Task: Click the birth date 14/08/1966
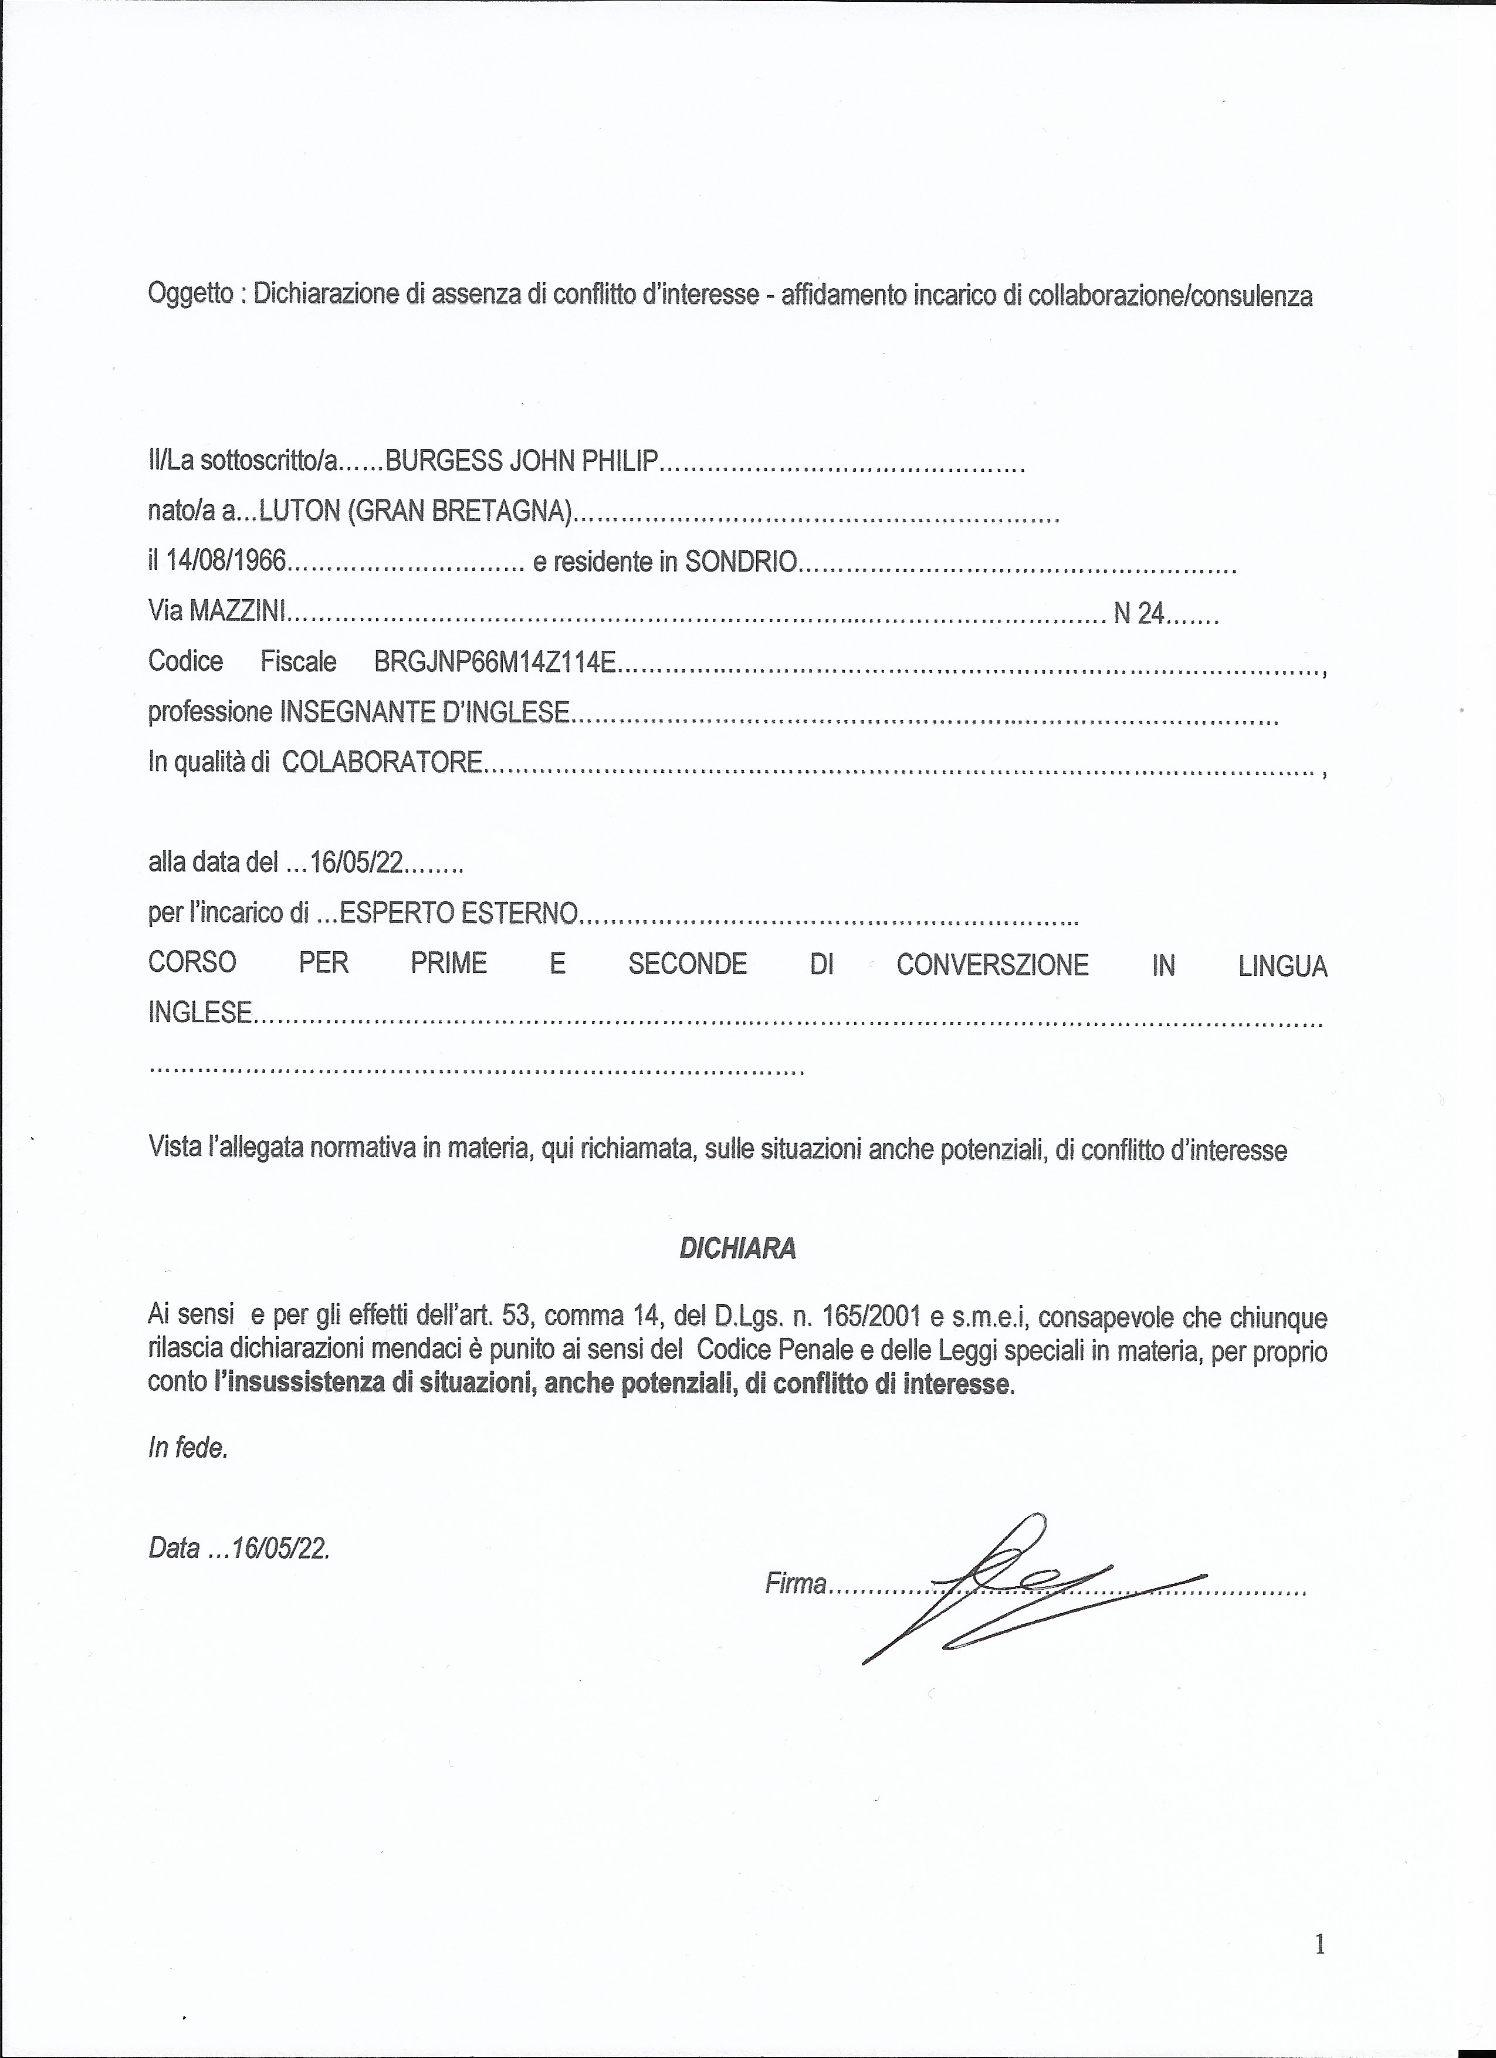pyautogui.click(x=227, y=563)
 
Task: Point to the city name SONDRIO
pyautogui.click(x=740, y=563)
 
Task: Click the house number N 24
pyautogui.click(x=1139, y=614)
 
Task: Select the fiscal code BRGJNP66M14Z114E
pyautogui.click(x=495, y=663)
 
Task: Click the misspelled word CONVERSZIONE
pyautogui.click(x=991, y=965)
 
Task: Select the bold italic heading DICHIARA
pyautogui.click(x=737, y=1249)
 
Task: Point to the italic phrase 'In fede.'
pyautogui.click(x=188, y=1449)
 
